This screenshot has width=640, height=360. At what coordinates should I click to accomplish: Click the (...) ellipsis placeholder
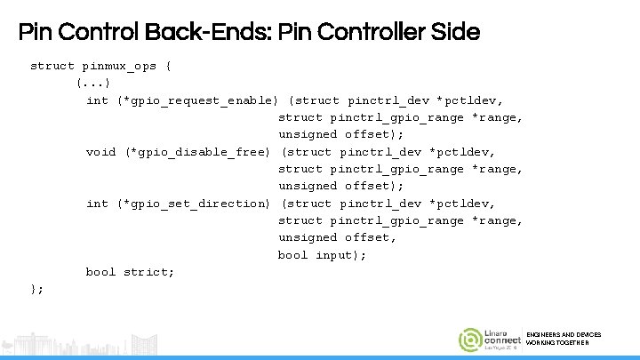tap(93, 83)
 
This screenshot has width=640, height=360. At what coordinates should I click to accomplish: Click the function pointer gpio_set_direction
tap(194, 204)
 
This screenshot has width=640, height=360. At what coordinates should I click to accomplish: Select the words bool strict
tap(130, 272)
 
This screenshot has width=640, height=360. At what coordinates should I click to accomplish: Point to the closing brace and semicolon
tap(37, 289)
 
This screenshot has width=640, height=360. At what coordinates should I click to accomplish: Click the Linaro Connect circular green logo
tap(470, 340)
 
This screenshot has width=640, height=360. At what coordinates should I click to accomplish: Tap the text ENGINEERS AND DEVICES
tap(564, 335)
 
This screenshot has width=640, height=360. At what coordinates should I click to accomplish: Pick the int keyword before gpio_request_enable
tap(97, 100)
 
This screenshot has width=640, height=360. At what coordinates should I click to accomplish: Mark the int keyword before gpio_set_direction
tap(97, 204)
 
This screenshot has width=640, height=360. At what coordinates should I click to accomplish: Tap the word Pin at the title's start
tap(34, 33)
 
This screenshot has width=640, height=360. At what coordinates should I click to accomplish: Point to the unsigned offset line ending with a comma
tap(337, 237)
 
